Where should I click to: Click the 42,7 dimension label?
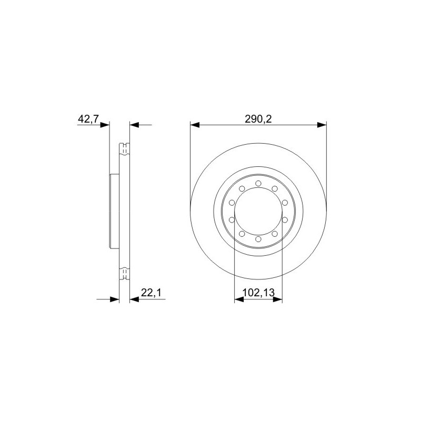(88, 119)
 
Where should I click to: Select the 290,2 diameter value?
(258, 119)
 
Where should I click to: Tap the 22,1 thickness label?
(151, 293)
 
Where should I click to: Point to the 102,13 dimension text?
(258, 293)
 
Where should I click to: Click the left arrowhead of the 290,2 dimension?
(195, 125)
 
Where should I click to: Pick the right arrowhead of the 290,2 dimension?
(322, 125)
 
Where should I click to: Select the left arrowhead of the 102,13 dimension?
(239, 299)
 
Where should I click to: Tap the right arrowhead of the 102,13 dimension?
(278, 299)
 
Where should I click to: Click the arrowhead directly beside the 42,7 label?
(105, 125)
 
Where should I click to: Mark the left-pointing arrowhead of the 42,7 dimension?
(135, 125)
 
